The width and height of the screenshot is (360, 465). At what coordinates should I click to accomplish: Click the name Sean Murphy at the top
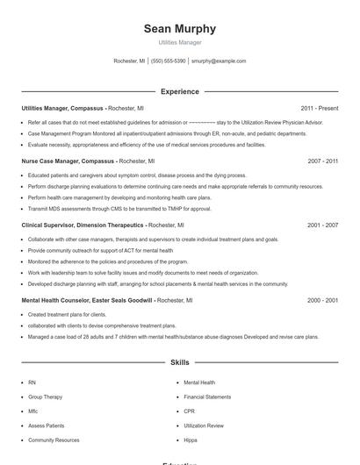180,29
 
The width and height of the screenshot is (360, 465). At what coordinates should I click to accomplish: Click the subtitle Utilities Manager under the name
180,42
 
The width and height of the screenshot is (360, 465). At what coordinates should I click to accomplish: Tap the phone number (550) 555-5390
169,61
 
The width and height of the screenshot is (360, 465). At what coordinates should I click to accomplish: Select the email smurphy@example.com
219,61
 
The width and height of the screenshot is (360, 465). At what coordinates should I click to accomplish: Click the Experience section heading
180,91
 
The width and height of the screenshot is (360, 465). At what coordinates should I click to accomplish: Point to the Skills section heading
180,361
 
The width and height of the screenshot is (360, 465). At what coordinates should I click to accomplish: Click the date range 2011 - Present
319,108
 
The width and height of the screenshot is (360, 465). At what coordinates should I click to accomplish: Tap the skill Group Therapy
45,397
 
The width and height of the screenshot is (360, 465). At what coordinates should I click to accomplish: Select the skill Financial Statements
207,397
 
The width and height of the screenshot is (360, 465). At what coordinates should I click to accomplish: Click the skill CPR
189,411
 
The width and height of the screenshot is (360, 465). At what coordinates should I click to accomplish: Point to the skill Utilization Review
204,426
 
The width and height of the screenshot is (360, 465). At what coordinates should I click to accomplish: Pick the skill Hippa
191,440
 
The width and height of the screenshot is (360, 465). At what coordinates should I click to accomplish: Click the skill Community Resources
54,440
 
